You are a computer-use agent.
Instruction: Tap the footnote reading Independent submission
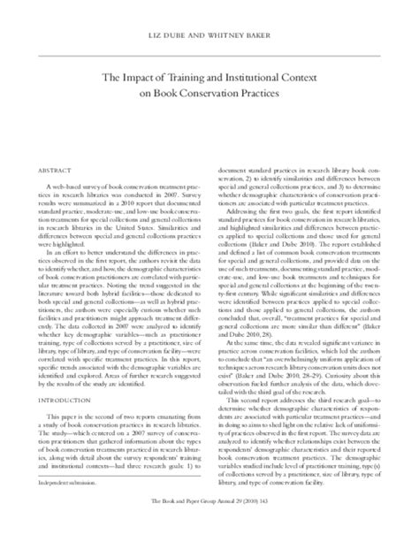tap(61, 507)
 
